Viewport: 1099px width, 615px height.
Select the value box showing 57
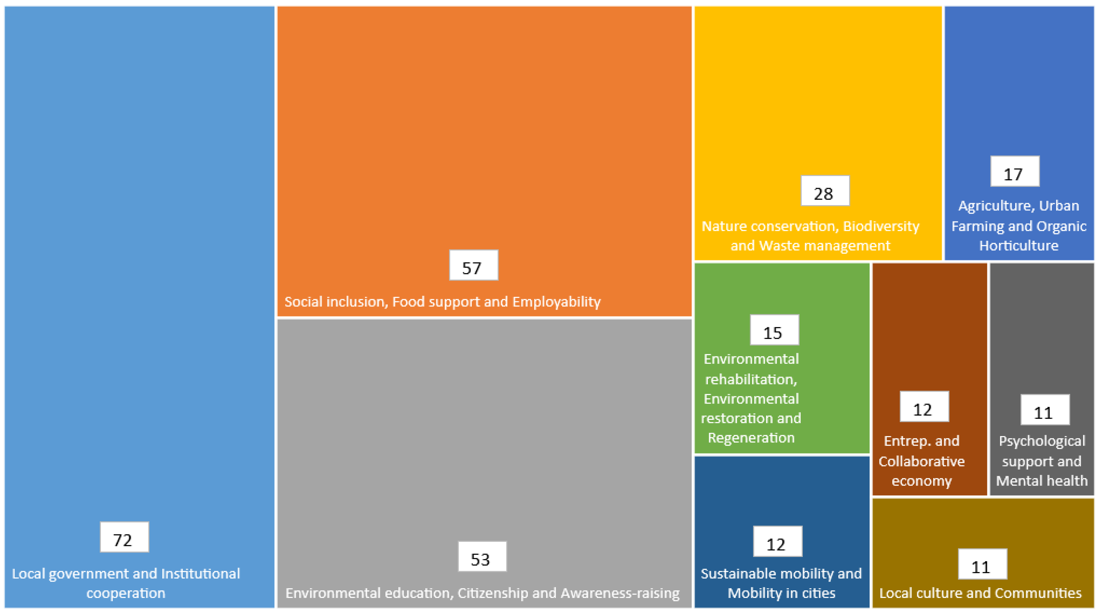[474, 265]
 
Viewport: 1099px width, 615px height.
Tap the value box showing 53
[482, 557]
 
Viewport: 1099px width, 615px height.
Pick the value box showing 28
[825, 191]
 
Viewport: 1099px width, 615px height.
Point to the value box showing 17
[1015, 171]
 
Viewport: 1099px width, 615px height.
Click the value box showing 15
[774, 330]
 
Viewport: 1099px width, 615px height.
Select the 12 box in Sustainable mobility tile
[777, 541]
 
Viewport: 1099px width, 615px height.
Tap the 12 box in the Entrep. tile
[924, 407]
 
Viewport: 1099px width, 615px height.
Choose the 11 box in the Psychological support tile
[1045, 410]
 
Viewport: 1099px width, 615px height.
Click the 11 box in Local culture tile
[982, 564]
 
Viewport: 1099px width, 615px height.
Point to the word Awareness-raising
[620, 593]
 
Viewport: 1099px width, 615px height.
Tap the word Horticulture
[1019, 245]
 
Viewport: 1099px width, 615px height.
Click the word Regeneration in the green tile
[751, 438]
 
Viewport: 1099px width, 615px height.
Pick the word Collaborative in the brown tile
[922, 461]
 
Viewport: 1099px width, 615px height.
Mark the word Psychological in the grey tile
[1042, 441]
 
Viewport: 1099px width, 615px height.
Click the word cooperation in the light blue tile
[125, 593]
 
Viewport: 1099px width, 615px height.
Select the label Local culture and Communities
[980, 593]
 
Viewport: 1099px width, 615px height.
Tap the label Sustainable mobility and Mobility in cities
[781, 583]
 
